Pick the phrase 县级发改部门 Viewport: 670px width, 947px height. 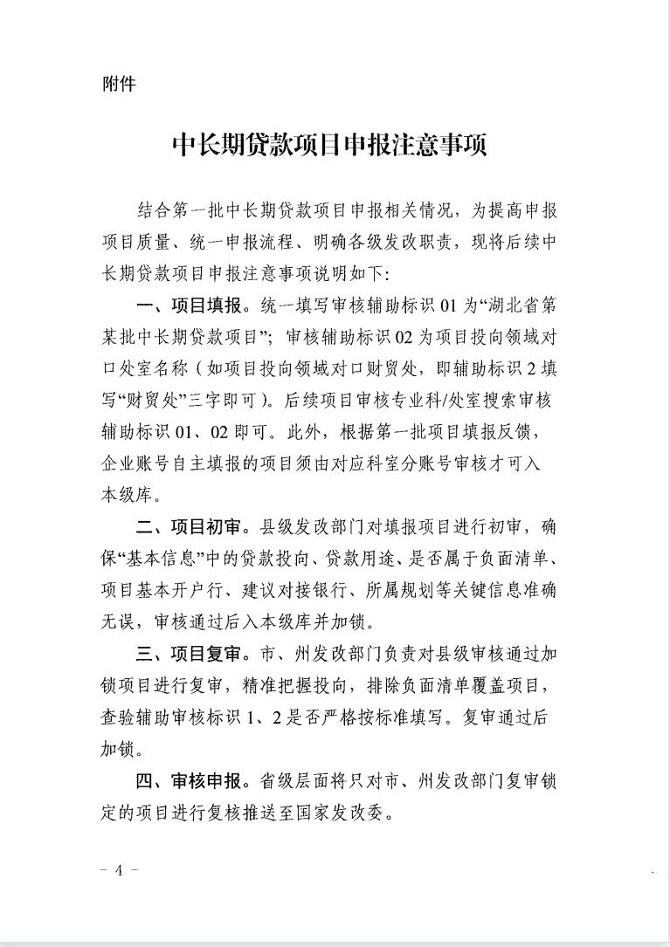pos(314,528)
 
